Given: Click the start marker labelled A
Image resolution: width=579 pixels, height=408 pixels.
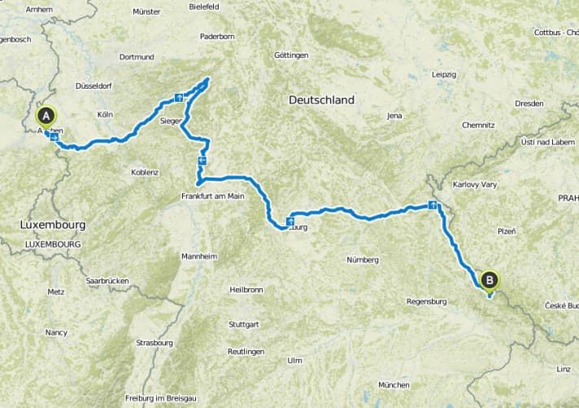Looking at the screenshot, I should [x=46, y=116].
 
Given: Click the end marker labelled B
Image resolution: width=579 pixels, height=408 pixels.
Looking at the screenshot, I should [x=490, y=280].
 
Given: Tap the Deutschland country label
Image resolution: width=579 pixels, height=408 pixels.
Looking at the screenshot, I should [x=321, y=100].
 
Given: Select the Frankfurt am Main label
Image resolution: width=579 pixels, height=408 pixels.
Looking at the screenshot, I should [x=213, y=195].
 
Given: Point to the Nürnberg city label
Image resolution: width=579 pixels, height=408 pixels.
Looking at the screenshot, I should [x=363, y=260].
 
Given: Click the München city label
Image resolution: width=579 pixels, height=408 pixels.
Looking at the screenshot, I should [x=394, y=384].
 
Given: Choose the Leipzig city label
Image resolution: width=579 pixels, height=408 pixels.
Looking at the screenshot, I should [x=444, y=74].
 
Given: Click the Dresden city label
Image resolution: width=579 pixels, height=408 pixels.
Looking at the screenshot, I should [x=530, y=103].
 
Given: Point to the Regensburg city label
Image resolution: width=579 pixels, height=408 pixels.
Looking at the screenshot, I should [x=427, y=302].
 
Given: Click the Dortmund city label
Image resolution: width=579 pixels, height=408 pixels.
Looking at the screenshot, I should [x=136, y=57].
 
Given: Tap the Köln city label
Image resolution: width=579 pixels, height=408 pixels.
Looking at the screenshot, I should [x=104, y=115].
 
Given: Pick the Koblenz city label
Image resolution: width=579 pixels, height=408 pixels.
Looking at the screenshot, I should [x=145, y=172].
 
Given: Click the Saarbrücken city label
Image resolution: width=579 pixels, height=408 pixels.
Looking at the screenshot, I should [x=108, y=281].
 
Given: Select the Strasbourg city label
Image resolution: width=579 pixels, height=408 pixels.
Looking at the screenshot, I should [x=155, y=343].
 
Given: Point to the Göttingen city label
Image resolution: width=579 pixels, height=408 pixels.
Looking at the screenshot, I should [x=292, y=55].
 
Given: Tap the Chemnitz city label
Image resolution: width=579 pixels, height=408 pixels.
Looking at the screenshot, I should [x=478, y=125].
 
